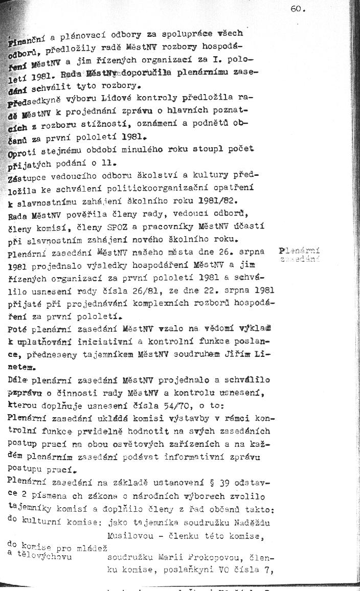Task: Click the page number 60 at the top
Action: point(296,8)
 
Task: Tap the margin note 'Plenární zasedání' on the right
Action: point(299,255)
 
